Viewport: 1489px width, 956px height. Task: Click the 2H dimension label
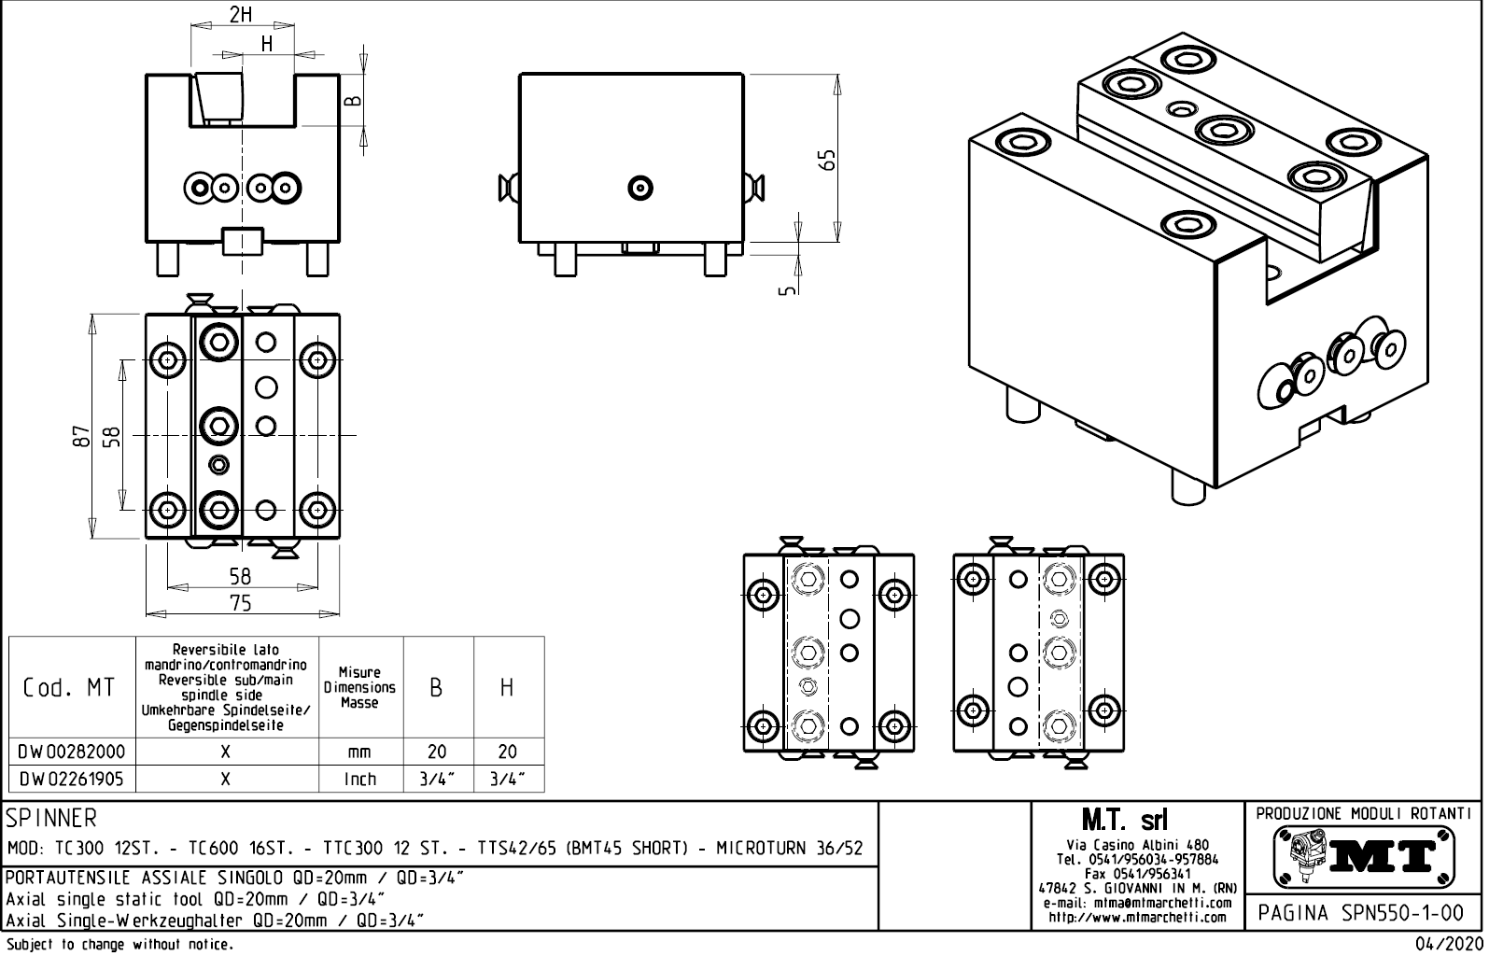[241, 14]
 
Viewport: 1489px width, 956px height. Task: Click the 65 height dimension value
[826, 160]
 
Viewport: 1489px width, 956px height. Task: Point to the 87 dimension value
[81, 436]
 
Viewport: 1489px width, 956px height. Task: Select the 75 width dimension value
[241, 603]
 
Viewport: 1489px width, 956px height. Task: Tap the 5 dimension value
[787, 289]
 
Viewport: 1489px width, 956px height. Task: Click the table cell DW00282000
[71, 752]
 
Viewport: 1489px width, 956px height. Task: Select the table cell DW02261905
[71, 779]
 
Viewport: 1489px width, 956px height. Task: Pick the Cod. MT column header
[69, 688]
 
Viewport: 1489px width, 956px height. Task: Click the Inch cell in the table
[359, 779]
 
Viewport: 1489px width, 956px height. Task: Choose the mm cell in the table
[359, 752]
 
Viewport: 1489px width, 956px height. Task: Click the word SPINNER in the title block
[51, 819]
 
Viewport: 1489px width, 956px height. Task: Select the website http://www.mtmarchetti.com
[1137, 917]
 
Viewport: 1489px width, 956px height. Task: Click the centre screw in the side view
[639, 188]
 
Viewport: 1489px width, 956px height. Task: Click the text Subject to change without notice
[119, 945]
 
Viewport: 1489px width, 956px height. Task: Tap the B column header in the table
[436, 688]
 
